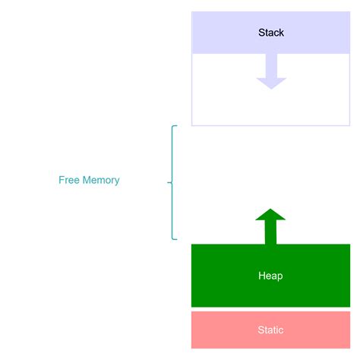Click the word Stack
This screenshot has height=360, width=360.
[x=271, y=33]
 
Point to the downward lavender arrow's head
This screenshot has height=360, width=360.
[x=271, y=83]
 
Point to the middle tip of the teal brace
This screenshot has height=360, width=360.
[x=169, y=182]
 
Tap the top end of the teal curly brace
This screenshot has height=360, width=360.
[x=175, y=126]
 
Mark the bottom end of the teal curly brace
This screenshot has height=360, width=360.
[x=175, y=239]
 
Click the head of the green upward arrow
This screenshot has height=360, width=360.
[x=270, y=214]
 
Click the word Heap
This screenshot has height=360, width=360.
[x=270, y=276]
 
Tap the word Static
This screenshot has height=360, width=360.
[x=270, y=330]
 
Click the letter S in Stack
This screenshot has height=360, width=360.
[x=261, y=33]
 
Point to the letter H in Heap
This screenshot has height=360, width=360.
[x=261, y=276]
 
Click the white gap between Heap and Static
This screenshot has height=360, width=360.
[x=270, y=309]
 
